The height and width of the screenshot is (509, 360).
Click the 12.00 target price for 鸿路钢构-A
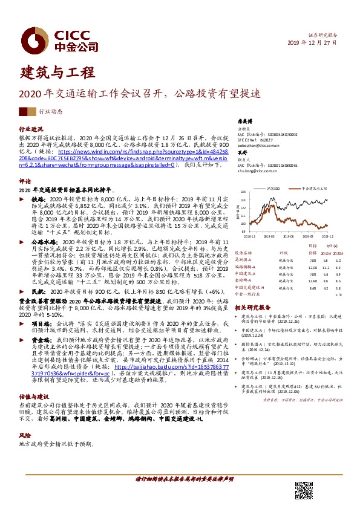[x=312, y=267]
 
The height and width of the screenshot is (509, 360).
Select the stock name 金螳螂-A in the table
[x=243, y=280]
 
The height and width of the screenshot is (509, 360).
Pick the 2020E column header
[x=338, y=253]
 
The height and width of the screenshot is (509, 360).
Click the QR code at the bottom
[x=305, y=490]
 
